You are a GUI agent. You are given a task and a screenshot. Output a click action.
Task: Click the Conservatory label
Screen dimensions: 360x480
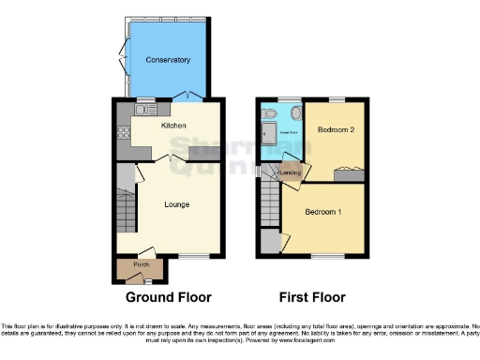pos(168,60)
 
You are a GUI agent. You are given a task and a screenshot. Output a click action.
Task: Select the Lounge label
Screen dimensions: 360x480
pos(177,203)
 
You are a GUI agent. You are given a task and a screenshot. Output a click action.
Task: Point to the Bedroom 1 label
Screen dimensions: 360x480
pos(322,212)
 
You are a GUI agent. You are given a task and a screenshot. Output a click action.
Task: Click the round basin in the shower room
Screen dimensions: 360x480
pos(295,114)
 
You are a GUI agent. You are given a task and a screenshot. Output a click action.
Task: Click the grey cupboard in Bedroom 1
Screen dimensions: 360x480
pos(270,241)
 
